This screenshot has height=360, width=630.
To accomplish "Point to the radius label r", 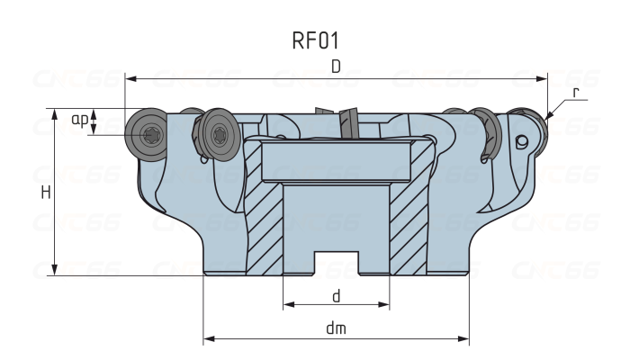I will tap(575, 92).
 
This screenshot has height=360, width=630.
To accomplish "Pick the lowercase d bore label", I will tap(336, 295).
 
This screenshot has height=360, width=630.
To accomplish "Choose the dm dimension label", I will tap(336, 329).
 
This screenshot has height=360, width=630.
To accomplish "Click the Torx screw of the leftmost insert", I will tap(149, 136).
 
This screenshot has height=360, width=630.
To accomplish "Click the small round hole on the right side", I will tap(520, 141).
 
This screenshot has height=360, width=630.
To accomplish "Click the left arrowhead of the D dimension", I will tap(130, 78).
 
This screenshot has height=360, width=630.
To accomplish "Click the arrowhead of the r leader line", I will tap(547, 114).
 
